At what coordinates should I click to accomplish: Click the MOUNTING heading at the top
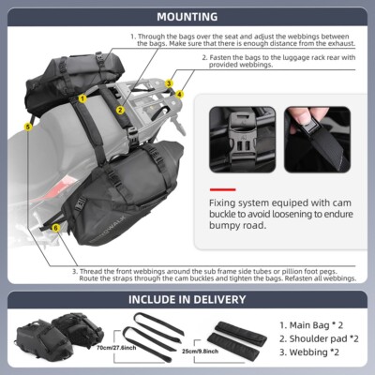click(x=187, y=17)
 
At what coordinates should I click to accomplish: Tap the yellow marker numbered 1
click(x=82, y=97)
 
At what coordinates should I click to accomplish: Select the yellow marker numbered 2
click(x=121, y=109)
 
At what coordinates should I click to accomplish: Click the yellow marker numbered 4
click(x=179, y=95)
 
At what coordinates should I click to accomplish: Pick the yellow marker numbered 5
click(x=28, y=127)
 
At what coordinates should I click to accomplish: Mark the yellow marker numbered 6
click(x=55, y=227)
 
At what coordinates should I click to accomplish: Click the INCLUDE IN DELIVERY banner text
click(x=187, y=300)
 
